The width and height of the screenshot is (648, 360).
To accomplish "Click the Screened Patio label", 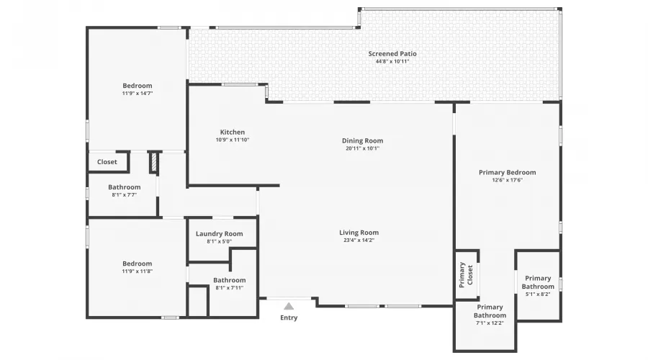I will pyautogui.click(x=392, y=54).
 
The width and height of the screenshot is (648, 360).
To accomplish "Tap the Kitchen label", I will pyautogui.click(x=233, y=132).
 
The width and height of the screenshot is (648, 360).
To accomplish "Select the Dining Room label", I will pyautogui.click(x=362, y=141).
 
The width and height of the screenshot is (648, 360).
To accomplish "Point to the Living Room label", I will pyautogui.click(x=359, y=233).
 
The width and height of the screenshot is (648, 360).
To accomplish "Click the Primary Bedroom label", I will pyautogui.click(x=507, y=172).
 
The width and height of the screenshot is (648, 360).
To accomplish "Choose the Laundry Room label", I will pyautogui.click(x=219, y=234).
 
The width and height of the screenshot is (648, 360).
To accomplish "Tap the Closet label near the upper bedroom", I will pyautogui.click(x=107, y=162).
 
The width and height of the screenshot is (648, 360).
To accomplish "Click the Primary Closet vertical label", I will pyautogui.click(x=467, y=274).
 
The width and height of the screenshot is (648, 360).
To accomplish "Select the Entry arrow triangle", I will pyautogui.click(x=289, y=306).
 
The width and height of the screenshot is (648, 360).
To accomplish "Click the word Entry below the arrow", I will pyautogui.click(x=289, y=318).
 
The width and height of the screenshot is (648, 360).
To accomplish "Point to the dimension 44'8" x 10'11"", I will pyautogui.click(x=392, y=62).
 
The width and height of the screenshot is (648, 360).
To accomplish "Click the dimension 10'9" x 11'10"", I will pyautogui.click(x=233, y=140).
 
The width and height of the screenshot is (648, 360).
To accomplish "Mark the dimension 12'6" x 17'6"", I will pyautogui.click(x=507, y=180).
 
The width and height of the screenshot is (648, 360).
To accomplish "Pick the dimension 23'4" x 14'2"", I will pyautogui.click(x=359, y=240).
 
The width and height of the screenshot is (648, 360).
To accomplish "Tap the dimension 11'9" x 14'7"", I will pyautogui.click(x=137, y=94).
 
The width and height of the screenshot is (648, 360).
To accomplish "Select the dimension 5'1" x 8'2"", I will pyautogui.click(x=538, y=294).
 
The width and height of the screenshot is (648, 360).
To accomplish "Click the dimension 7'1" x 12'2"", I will pyautogui.click(x=490, y=323).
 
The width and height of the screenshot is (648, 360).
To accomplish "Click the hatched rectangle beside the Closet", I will pyautogui.click(x=153, y=162).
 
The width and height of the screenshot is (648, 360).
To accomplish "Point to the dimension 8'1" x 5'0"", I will pyautogui.click(x=219, y=242).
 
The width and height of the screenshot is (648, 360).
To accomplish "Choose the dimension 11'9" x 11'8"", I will pyautogui.click(x=137, y=271).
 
